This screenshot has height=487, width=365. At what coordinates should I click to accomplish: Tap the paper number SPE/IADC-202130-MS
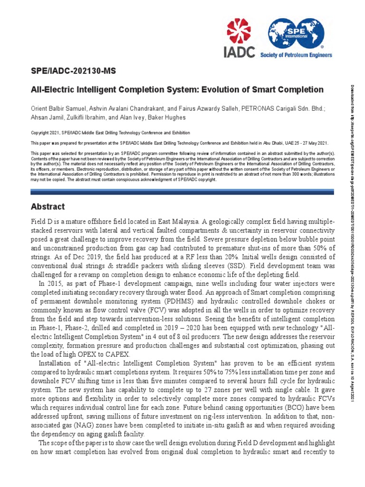[x=73, y=71]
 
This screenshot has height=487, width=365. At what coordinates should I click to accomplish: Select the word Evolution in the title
[x=225, y=89]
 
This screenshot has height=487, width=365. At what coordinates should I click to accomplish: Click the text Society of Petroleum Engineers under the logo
[x=296, y=55]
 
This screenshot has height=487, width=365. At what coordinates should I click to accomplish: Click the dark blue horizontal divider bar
[x=182, y=192]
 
